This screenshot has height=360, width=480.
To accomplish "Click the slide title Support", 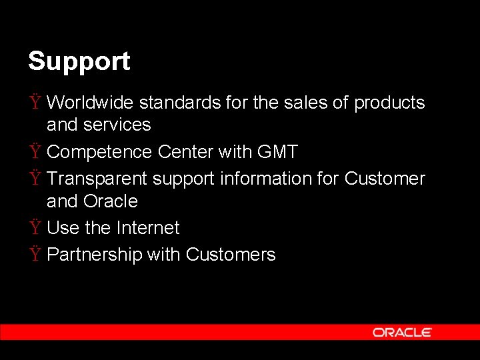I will coord(79,61).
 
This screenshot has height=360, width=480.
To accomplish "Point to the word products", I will coord(389,103).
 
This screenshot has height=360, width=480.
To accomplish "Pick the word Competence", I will coord(100,152).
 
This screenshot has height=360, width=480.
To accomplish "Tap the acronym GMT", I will coord(277,152).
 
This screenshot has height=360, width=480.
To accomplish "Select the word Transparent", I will coord(97,179).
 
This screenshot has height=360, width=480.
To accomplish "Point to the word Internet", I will coord(147,228).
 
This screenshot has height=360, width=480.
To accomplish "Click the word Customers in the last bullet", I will coord(231,255).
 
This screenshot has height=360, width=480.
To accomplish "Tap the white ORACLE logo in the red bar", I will coord(402,332).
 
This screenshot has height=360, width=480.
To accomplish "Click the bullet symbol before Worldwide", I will coord(35,103).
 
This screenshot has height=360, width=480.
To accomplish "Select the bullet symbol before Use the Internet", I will coord(35,228).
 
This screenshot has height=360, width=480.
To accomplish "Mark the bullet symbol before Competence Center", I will coord(35,152).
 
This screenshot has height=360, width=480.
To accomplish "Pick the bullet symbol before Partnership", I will coord(35,255).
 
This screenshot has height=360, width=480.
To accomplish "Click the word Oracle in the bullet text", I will coord(111,201).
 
